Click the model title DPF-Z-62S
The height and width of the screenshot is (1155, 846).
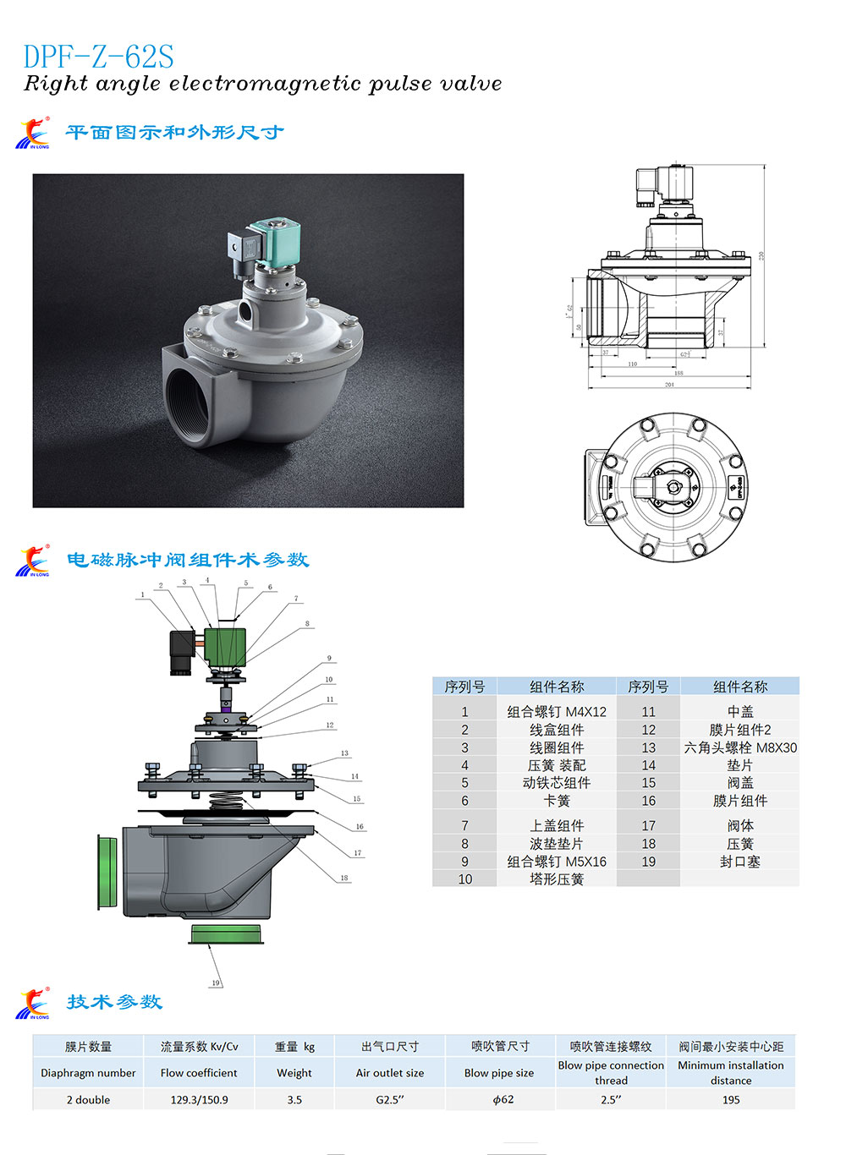(x=98, y=57)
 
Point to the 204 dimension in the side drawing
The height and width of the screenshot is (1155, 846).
(x=669, y=385)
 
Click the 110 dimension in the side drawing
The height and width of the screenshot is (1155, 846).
(x=632, y=364)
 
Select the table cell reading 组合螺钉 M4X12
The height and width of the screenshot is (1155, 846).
(x=556, y=712)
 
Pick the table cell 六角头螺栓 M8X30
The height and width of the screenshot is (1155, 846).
(x=739, y=747)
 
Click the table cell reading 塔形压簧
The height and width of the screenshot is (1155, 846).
(x=556, y=879)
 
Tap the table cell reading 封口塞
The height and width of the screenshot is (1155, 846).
(x=739, y=862)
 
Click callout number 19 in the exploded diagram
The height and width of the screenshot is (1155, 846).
(x=216, y=983)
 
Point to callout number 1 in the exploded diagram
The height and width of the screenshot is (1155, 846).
(x=142, y=594)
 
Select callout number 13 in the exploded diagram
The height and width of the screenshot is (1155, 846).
(x=344, y=753)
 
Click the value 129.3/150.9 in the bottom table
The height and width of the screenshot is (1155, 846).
(x=199, y=1100)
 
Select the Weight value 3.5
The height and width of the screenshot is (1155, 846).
(x=294, y=1100)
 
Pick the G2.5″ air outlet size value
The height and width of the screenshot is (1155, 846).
(x=390, y=1100)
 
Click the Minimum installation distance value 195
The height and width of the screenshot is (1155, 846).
(x=731, y=1100)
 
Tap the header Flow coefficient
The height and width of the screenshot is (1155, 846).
(x=199, y=1073)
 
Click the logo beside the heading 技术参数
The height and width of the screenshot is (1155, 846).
(x=33, y=1004)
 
